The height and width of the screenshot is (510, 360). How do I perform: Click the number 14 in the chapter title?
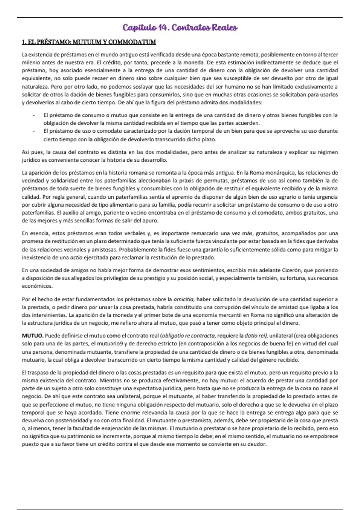point(162,28)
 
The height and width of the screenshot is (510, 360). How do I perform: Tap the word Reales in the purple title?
point(225,28)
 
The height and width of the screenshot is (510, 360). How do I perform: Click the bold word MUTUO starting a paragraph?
point(33,336)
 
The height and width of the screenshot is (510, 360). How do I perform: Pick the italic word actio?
point(76,257)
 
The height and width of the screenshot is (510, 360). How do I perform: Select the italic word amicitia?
point(184,299)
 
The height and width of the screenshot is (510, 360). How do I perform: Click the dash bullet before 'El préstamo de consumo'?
point(34,115)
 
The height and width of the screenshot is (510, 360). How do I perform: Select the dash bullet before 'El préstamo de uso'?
point(34,131)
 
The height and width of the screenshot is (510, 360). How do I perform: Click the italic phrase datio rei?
point(256,336)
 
